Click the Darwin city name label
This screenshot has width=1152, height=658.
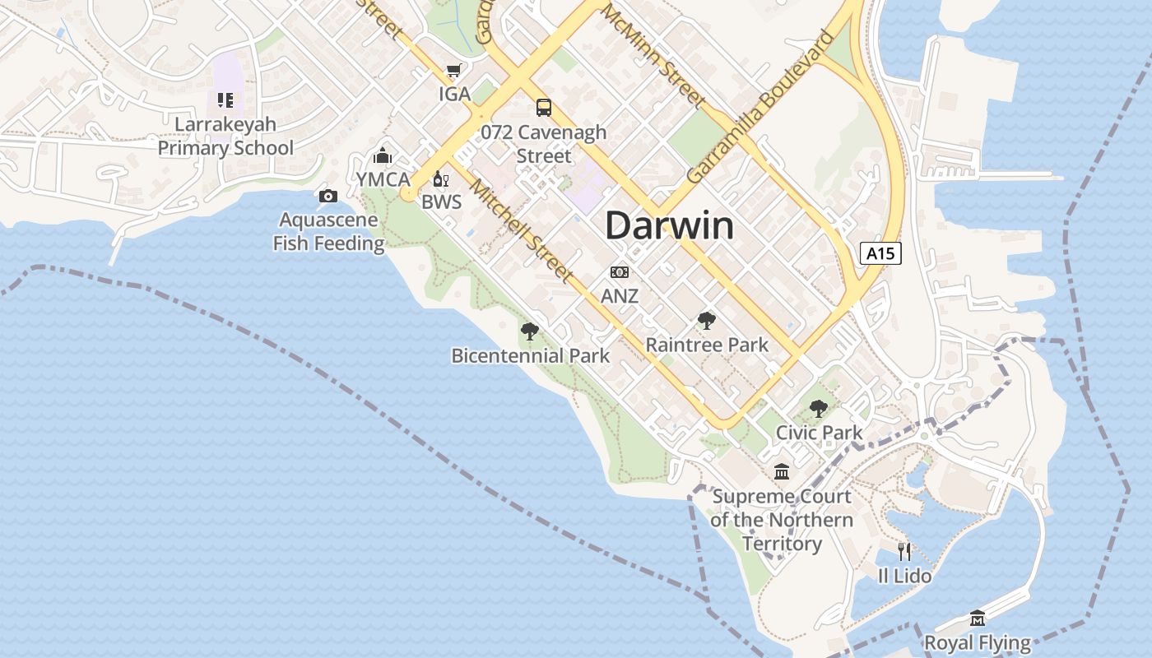point(669,225)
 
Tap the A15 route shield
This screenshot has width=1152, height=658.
point(880,253)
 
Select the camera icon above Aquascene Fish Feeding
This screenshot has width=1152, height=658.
point(327,196)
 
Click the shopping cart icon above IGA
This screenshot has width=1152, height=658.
point(453,71)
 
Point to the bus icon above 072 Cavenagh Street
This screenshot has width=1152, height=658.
point(543,108)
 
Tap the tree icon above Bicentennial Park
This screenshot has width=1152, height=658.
point(530,331)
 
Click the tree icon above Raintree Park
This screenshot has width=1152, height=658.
point(706,321)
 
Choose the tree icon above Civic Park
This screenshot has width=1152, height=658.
point(818,408)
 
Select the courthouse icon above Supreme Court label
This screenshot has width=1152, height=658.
point(782,472)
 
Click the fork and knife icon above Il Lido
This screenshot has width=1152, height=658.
point(904,551)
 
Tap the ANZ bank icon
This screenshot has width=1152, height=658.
point(620,272)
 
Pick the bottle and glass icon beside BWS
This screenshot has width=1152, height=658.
point(441,179)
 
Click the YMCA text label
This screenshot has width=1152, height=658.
point(383,179)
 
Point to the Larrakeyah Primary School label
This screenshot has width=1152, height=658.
point(225,137)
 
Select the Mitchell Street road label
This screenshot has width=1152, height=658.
point(521,229)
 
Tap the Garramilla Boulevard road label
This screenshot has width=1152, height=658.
point(759,107)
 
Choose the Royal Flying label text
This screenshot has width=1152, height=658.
point(978,642)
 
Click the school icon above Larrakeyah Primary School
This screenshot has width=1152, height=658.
point(225,100)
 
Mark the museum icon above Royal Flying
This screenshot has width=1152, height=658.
point(978,618)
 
